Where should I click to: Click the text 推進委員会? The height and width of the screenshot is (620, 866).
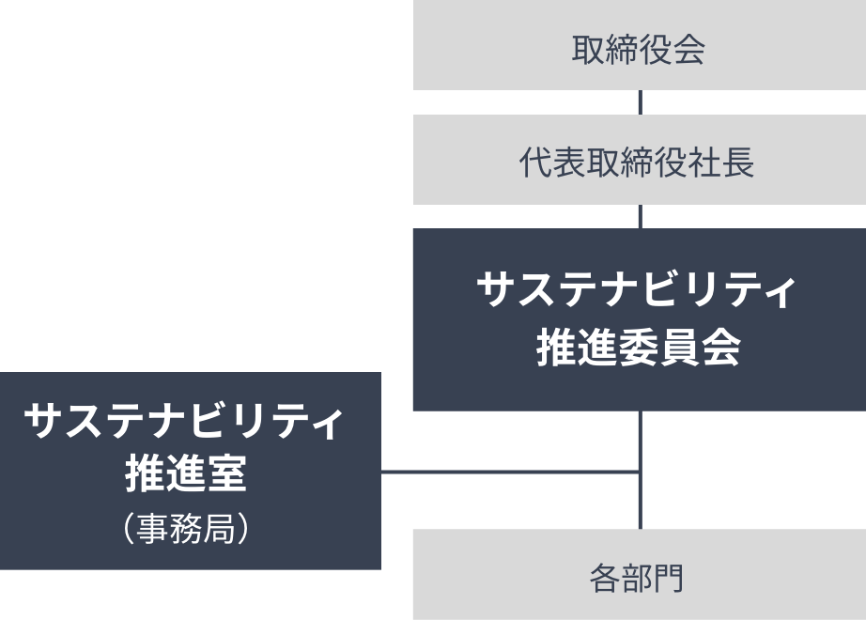[x=639, y=349]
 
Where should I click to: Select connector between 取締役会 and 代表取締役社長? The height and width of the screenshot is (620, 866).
[x=640, y=102]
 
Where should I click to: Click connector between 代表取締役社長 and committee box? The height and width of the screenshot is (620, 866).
[x=640, y=217]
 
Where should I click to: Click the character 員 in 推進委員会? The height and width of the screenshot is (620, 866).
[x=679, y=349]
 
